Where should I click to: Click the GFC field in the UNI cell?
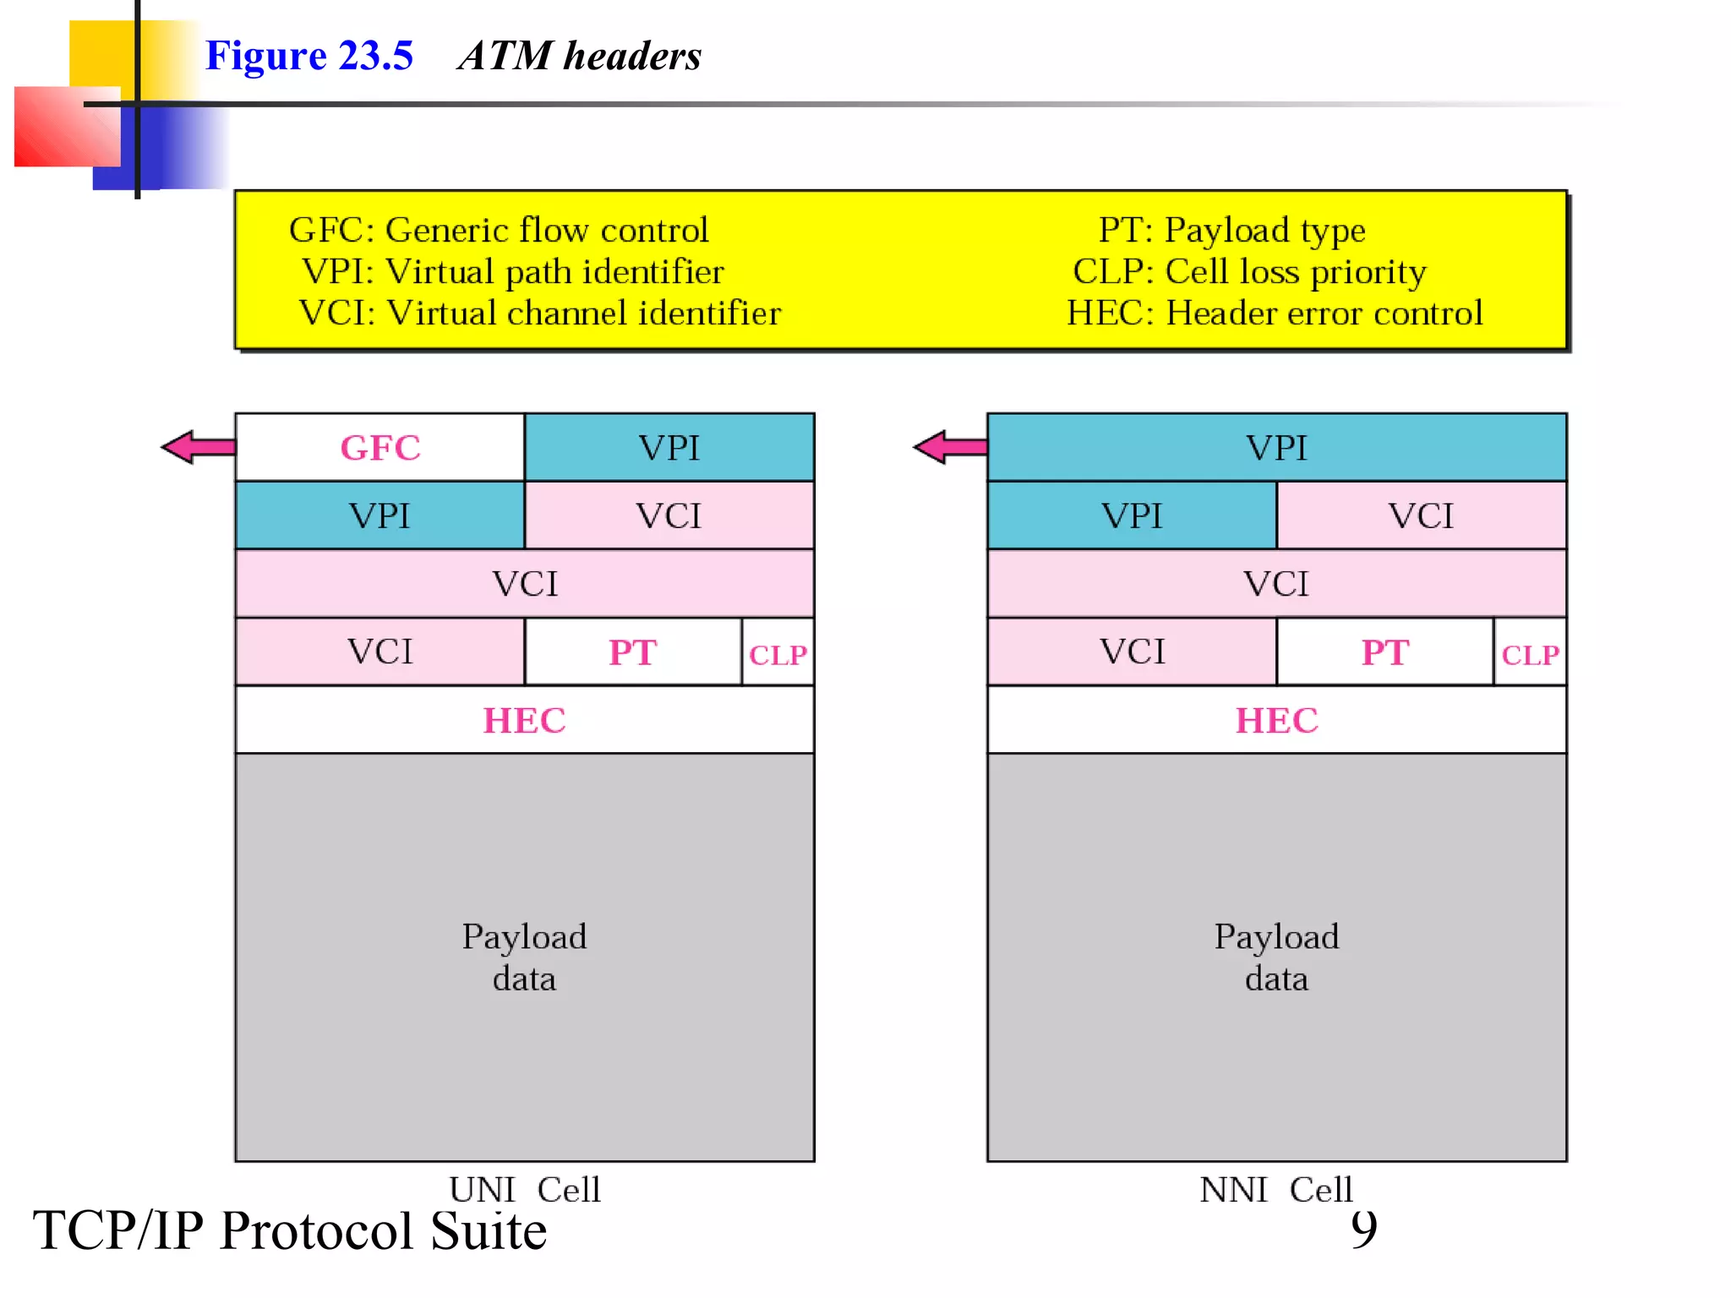380,448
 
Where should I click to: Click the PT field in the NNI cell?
1384,652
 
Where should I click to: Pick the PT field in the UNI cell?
632,652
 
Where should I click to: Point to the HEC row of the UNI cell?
524,720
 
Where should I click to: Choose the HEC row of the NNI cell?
1276,720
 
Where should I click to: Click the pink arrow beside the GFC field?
198,447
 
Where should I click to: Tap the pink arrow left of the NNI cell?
950,447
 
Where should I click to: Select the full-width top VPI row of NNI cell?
1276,448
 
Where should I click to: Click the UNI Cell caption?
524,1190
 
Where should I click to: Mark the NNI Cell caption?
1276,1190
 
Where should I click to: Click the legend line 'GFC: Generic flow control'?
499,230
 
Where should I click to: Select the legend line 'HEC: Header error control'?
1275,313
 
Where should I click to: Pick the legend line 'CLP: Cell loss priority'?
1249,271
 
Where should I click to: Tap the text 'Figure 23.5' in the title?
309,56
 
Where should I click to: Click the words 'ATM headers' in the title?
580,56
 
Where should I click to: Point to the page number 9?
1363,1229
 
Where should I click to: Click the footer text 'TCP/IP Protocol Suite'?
290,1230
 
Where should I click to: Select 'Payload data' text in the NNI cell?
1276,957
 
